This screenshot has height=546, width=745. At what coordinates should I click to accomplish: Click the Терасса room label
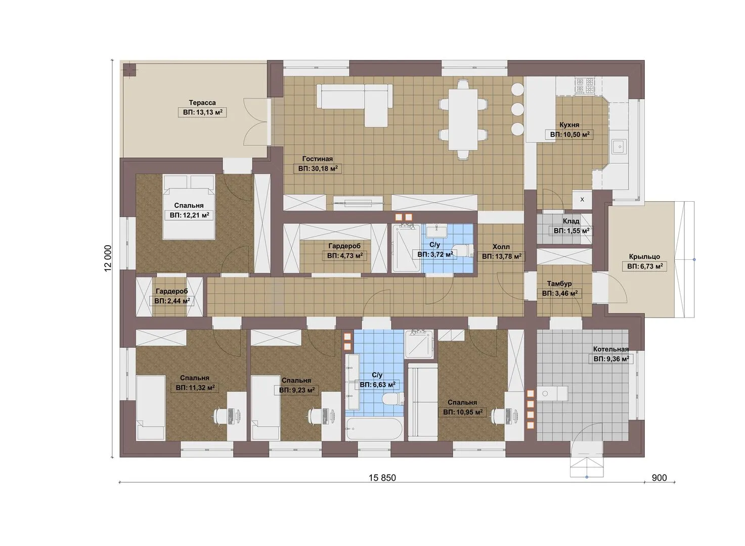pyautogui.click(x=202, y=103)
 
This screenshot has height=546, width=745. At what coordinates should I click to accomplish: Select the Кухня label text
pyautogui.click(x=569, y=125)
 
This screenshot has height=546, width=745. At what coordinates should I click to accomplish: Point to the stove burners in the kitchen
pyautogui.click(x=585, y=85)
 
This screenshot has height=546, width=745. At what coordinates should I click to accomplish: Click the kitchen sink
pyautogui.click(x=620, y=146)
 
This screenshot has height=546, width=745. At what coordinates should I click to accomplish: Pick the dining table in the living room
pyautogui.click(x=463, y=119)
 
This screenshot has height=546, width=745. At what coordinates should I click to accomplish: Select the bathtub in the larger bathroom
pyautogui.click(x=374, y=429)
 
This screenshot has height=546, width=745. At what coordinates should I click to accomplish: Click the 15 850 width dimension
pyautogui.click(x=382, y=478)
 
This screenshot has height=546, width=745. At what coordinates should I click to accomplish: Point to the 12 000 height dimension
pyautogui.click(x=108, y=258)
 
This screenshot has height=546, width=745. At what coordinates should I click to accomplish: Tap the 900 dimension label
pyautogui.click(x=659, y=478)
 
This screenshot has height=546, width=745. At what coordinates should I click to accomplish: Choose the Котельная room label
pyautogui.click(x=611, y=349)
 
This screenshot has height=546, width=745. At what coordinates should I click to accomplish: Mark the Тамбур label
pyautogui.click(x=559, y=284)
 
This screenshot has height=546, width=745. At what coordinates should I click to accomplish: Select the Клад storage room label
pyautogui.click(x=571, y=221)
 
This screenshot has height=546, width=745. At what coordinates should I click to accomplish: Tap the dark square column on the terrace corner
pyautogui.click(x=129, y=70)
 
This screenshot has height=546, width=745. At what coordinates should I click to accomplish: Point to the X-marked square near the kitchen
pyautogui.click(x=582, y=200)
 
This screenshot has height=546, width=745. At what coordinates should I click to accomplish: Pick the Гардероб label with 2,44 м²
pyautogui.click(x=172, y=291)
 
